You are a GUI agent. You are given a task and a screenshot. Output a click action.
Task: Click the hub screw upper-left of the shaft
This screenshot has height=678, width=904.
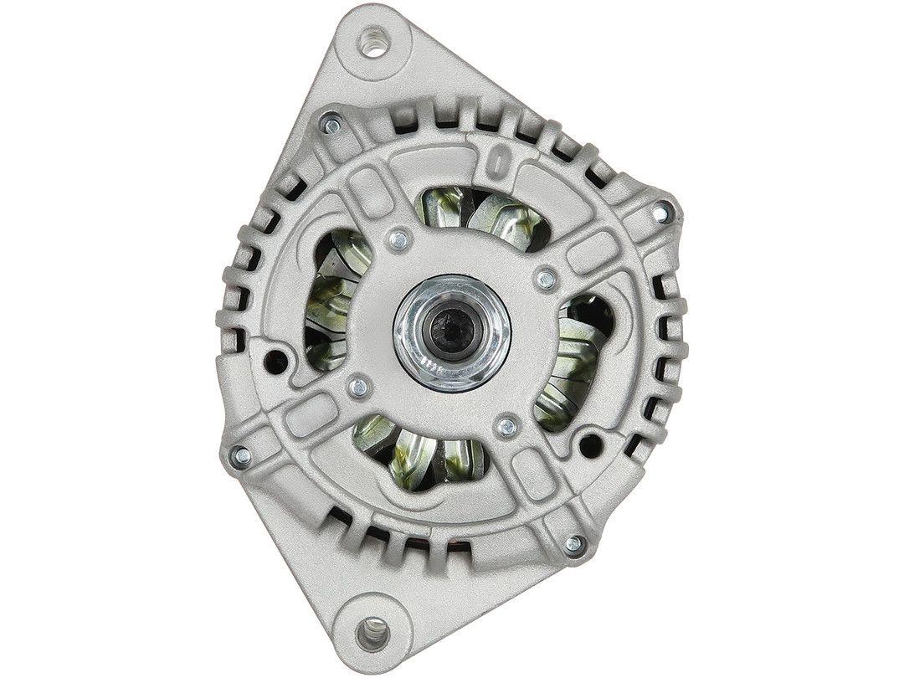400,239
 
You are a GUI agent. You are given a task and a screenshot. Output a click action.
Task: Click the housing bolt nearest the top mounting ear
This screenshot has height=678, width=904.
331,126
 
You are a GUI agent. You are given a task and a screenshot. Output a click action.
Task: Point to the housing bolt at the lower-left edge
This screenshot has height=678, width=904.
241,455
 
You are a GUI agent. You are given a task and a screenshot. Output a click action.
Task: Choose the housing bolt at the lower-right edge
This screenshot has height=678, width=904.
574,544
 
